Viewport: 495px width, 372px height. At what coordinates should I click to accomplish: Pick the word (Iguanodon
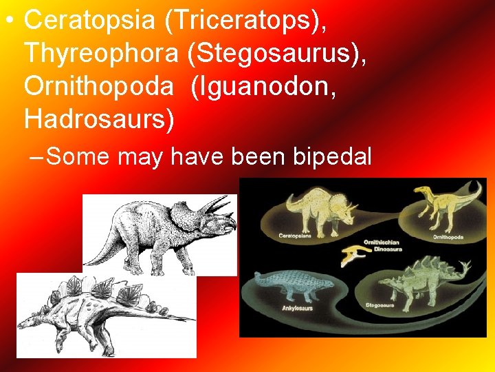pos(264,87)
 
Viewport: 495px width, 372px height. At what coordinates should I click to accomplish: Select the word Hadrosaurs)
pos(100,118)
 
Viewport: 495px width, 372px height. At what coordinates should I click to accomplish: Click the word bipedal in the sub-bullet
pos(332,156)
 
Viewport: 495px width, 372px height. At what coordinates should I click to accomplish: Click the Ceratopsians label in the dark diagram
pos(295,236)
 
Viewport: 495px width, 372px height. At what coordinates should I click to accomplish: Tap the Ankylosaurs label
pos(297,308)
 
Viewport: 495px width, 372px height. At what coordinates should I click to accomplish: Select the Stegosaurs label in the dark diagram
pos(379,304)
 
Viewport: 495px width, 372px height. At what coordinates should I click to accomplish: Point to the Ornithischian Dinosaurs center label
pos(383,245)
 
